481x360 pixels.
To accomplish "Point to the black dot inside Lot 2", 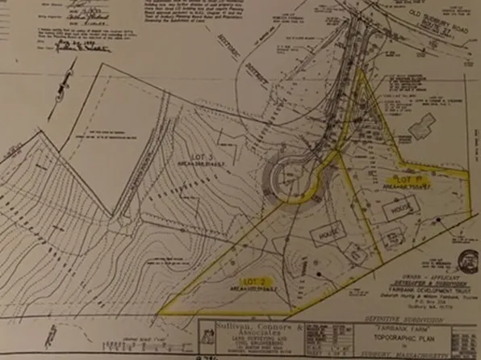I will tap(320, 274).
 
